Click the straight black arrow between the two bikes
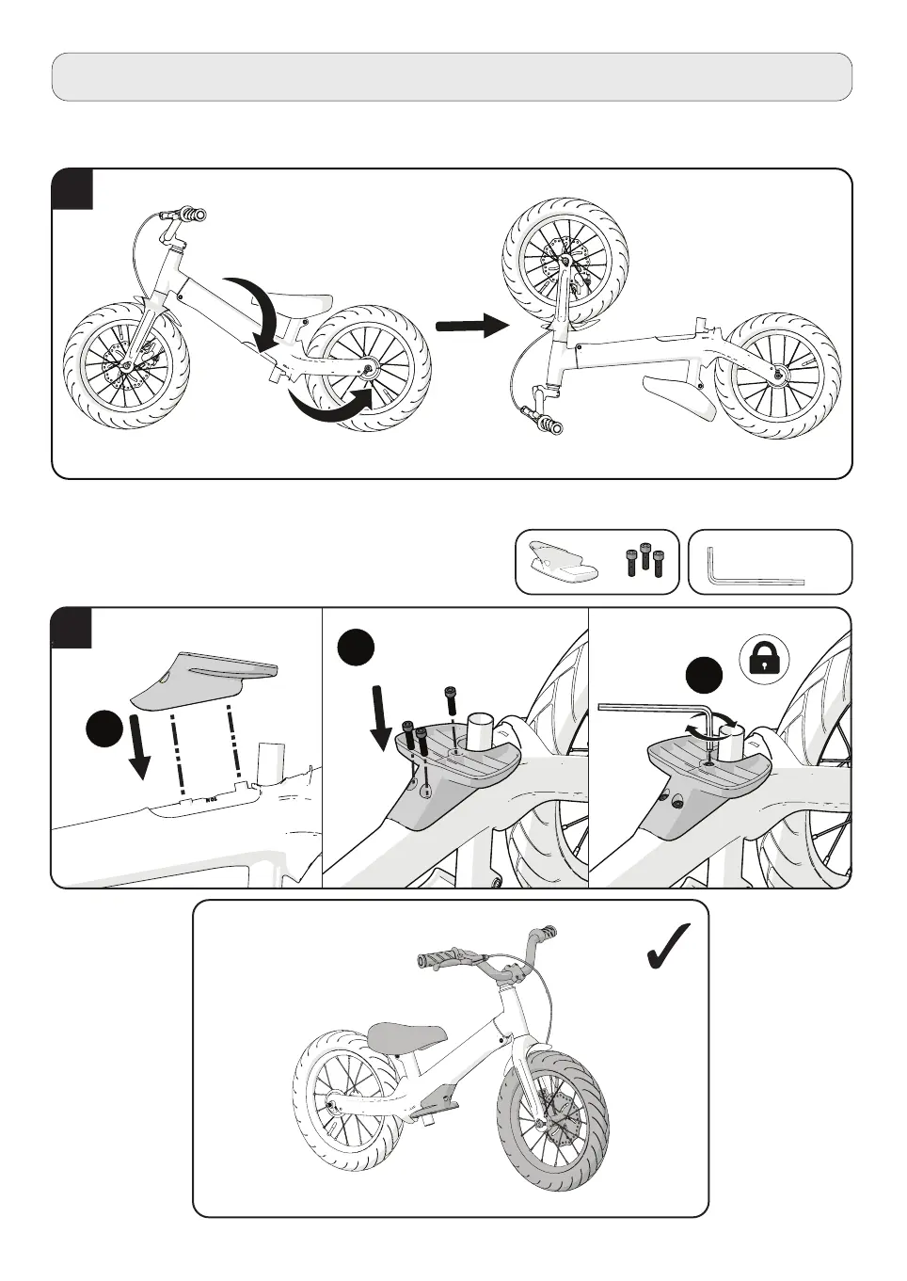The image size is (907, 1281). point(470,326)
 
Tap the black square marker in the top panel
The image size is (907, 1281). point(72,189)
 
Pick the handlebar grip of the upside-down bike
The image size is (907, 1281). point(546,421)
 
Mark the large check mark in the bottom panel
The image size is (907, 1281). point(669,946)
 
